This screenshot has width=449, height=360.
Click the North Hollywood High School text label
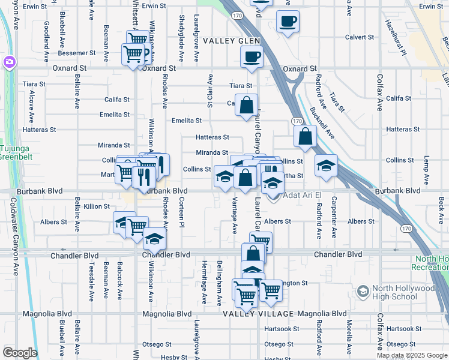click(x=403, y=292)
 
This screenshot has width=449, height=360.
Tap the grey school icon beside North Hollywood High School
click(x=363, y=292)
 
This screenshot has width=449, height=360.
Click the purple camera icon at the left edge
click(x=8, y=62)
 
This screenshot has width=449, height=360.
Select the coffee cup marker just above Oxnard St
click(x=251, y=57)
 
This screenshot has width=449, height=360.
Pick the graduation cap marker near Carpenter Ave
click(x=326, y=166)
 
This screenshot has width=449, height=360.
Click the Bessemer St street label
click(x=76, y=53)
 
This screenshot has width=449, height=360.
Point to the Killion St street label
click(x=97, y=206)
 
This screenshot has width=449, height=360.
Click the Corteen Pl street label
click(x=181, y=211)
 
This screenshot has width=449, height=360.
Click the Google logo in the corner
click(x=19, y=353)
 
